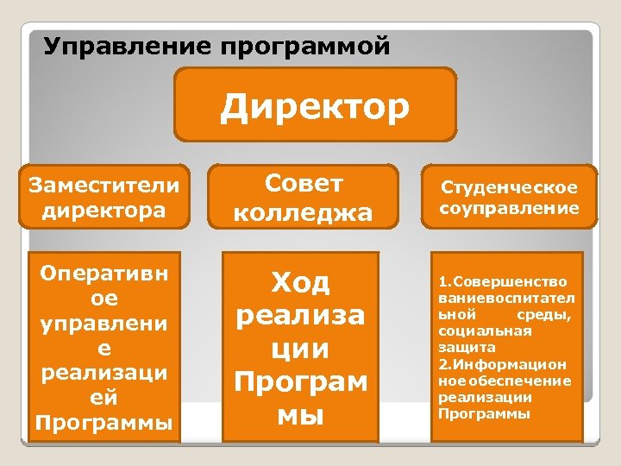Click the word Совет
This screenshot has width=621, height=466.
304,183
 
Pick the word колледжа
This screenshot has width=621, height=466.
304,211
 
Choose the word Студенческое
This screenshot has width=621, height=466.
509,187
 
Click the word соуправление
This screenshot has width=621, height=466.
509,208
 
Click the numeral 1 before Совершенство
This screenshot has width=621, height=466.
442,281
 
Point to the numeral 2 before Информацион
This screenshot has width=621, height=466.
442,364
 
